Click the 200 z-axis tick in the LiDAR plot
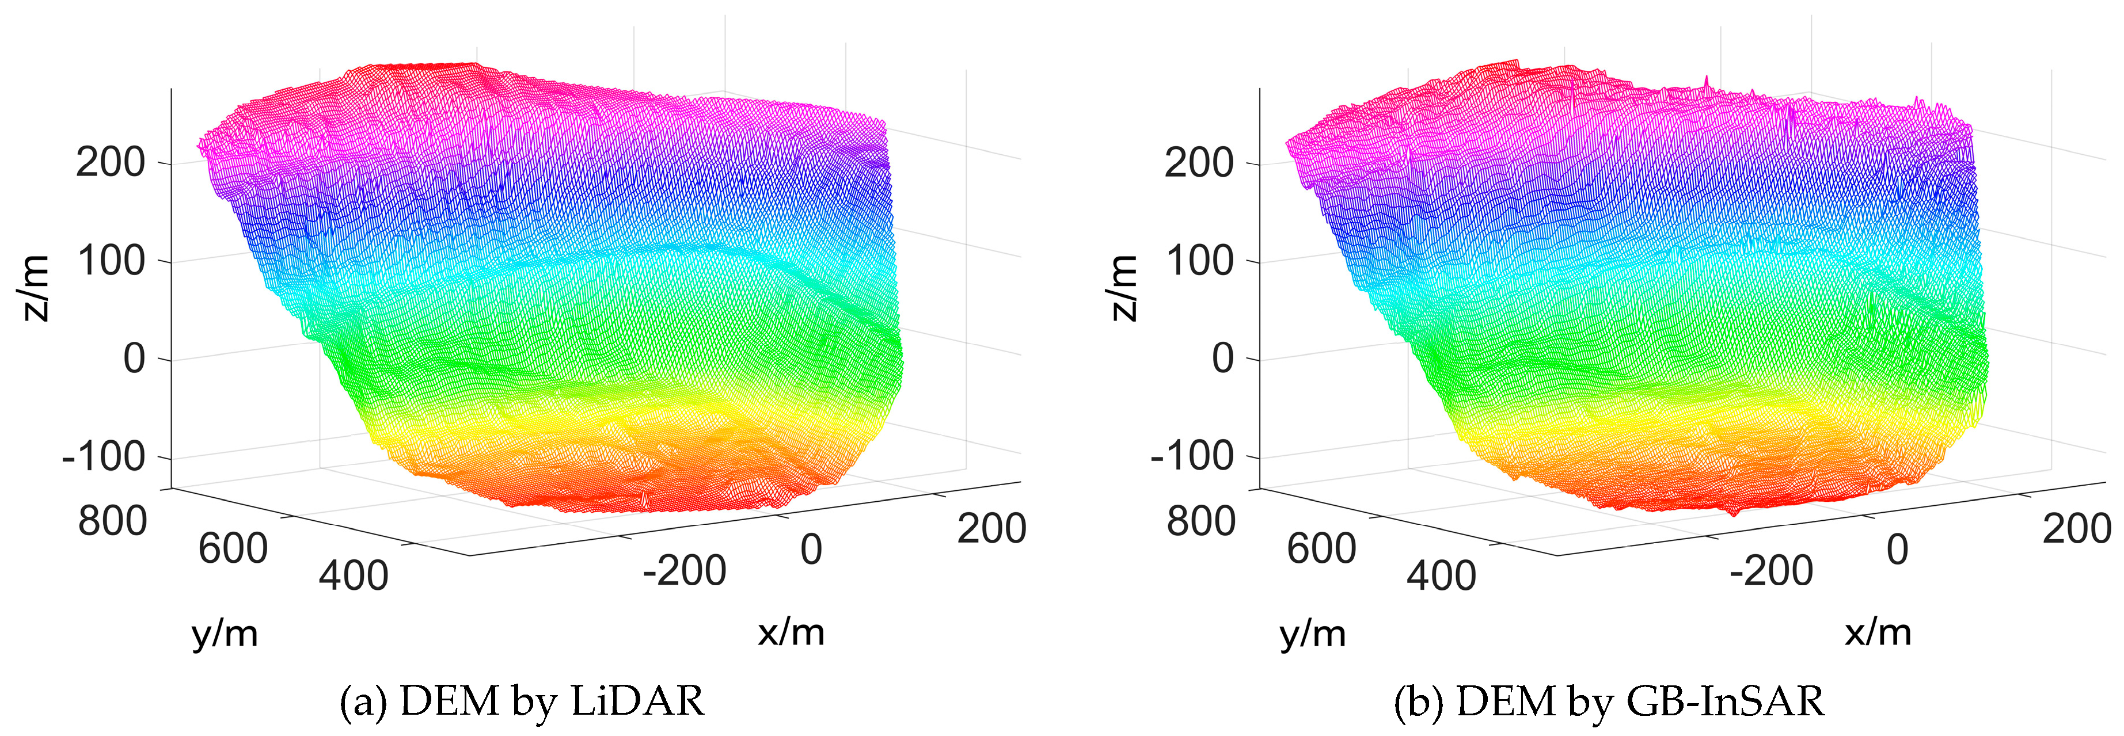click(111, 162)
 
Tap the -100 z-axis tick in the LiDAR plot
click(104, 456)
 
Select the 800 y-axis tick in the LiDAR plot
click(113, 521)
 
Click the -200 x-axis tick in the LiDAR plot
click(685, 570)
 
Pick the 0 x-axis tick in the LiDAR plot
click(811, 550)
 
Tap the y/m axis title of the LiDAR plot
click(225, 634)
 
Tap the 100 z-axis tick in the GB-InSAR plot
click(1200, 261)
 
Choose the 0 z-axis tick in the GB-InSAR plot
click(1224, 359)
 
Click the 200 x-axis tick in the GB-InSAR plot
click(2077, 528)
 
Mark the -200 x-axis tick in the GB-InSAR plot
click(1771, 570)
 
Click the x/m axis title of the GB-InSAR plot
click(1878, 632)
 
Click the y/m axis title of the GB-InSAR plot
click(1313, 634)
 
